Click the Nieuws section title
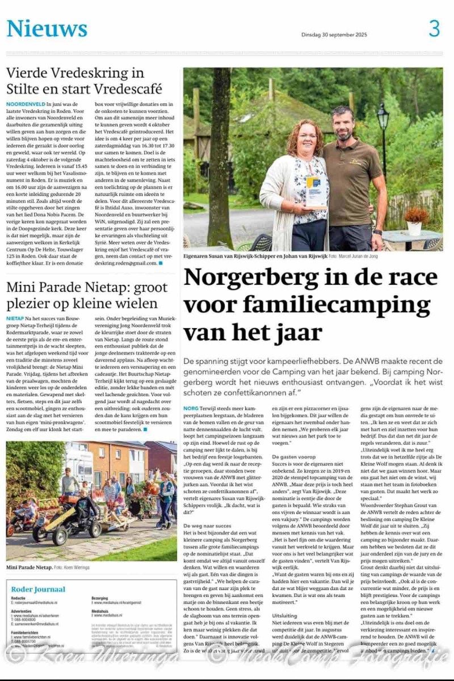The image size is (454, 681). (47, 28)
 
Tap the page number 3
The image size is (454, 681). (434, 28)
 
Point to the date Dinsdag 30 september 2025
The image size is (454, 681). (334, 35)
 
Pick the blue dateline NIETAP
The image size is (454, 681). (15, 319)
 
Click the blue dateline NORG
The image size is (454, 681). (191, 408)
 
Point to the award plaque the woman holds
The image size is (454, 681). (316, 191)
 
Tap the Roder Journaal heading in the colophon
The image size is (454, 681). (38, 589)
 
